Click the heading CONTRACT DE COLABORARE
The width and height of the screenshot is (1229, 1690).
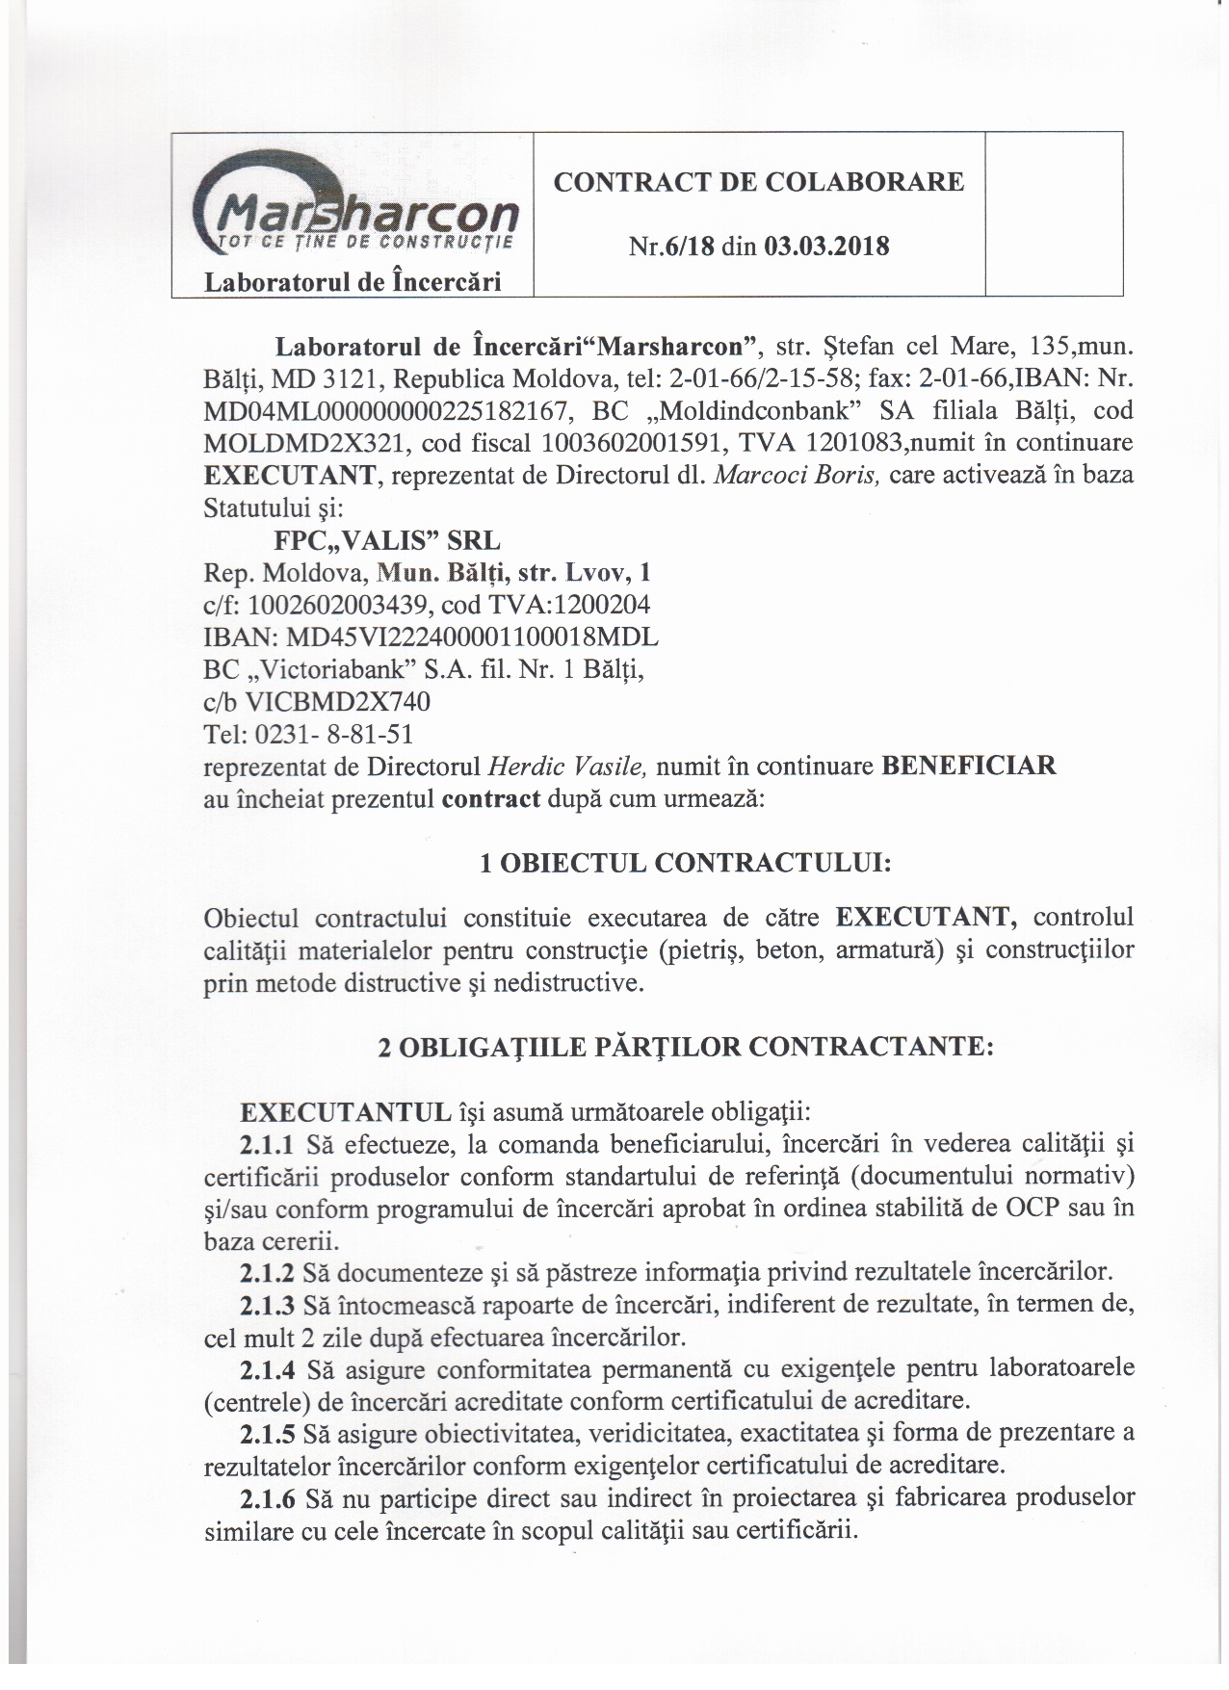click(x=758, y=182)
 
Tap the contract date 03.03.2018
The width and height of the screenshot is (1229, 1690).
click(x=827, y=247)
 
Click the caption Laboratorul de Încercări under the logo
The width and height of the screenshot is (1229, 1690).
click(x=351, y=282)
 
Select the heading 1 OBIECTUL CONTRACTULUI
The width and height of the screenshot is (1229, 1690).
click(x=685, y=863)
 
